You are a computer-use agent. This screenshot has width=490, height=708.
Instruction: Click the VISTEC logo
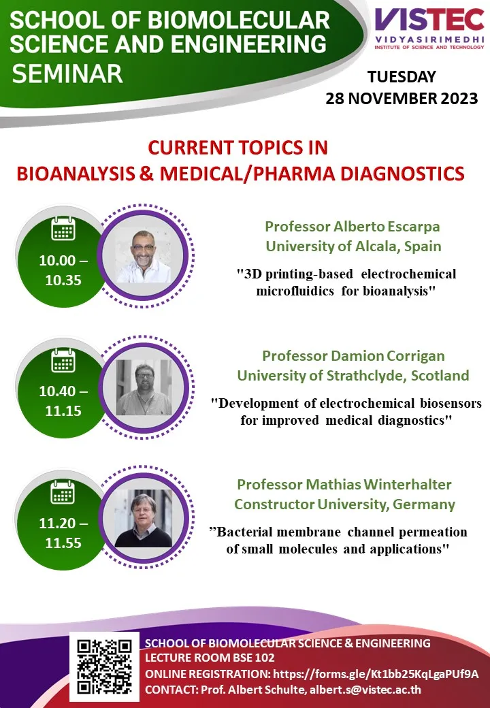[429, 29]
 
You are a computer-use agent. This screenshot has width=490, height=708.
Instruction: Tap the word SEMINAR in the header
[67, 74]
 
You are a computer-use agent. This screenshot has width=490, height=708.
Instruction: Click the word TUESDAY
[401, 76]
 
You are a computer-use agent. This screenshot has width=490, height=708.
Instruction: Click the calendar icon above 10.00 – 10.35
[63, 228]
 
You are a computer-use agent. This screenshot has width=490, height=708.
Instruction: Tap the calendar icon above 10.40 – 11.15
[63, 360]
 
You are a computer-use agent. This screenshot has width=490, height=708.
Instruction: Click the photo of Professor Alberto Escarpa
[144, 255]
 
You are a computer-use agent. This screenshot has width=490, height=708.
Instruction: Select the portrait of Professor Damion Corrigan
[144, 387]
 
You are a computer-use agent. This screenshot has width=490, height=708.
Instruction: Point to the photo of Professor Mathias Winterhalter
[143, 518]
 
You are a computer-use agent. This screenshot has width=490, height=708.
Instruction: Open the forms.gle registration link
[376, 674]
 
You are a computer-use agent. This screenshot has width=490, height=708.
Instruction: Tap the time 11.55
[63, 543]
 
